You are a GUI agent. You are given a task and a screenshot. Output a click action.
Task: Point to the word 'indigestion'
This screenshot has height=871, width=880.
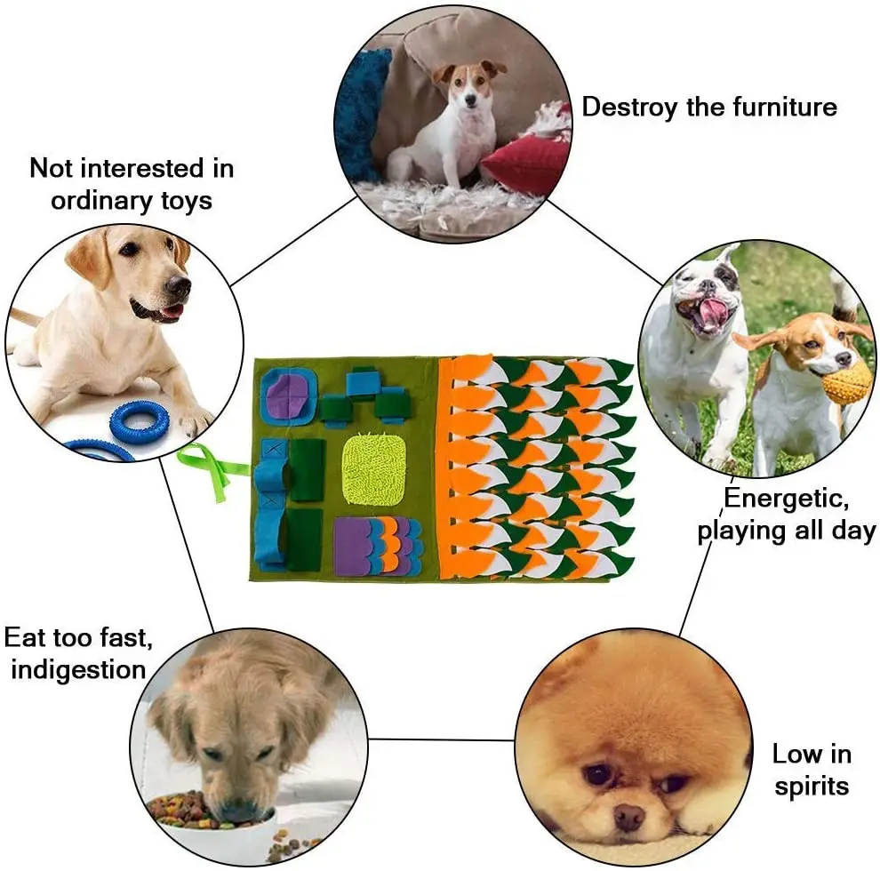point(78,668)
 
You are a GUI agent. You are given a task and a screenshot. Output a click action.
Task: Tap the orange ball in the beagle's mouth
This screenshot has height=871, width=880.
point(846,381)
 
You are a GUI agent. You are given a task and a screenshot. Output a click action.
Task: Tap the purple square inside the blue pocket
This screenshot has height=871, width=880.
point(288,393)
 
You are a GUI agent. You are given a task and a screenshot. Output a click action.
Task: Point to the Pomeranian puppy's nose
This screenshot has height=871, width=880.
point(629,814)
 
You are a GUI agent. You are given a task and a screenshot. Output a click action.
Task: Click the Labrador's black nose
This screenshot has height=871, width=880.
point(179,286)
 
